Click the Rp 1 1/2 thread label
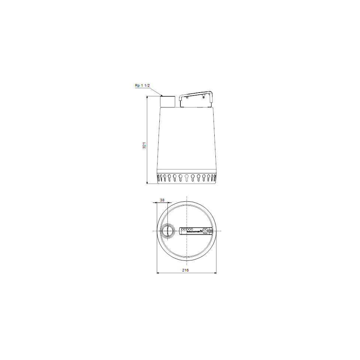click(142, 86)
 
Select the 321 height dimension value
click(145, 145)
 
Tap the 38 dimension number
click(162, 200)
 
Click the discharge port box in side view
click(168, 101)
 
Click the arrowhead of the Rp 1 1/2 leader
click(161, 96)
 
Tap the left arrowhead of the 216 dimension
click(159, 273)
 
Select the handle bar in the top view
click(196, 231)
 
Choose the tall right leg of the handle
click(211, 98)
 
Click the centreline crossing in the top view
click(187, 231)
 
